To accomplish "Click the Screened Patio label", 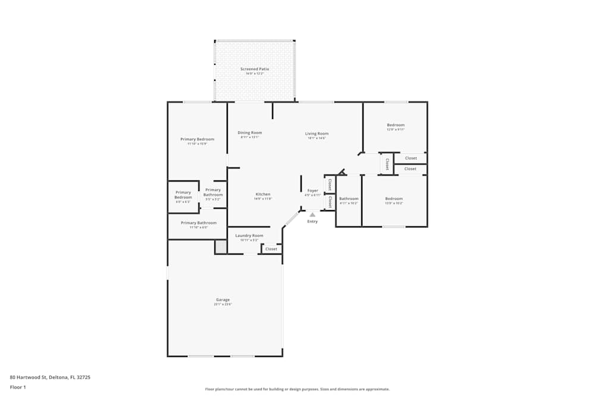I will point(255,69).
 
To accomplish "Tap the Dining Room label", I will point(250,133).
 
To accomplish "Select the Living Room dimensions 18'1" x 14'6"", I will point(317,138).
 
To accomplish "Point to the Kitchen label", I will point(263,195).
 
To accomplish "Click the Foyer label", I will point(313,190).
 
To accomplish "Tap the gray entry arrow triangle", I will point(312,214).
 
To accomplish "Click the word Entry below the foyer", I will point(312,221).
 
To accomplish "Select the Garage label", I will point(223,299).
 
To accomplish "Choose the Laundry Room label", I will point(249,236).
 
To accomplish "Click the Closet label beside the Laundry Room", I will point(271,249).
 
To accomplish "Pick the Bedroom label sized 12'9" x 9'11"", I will point(396,125).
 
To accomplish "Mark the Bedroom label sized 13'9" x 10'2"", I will point(394,199).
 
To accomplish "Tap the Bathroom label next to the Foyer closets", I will point(349,199).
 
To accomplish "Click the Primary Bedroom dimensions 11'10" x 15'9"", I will point(198,144).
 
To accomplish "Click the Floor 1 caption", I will point(18,387).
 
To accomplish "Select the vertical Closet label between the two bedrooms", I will point(387,163).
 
